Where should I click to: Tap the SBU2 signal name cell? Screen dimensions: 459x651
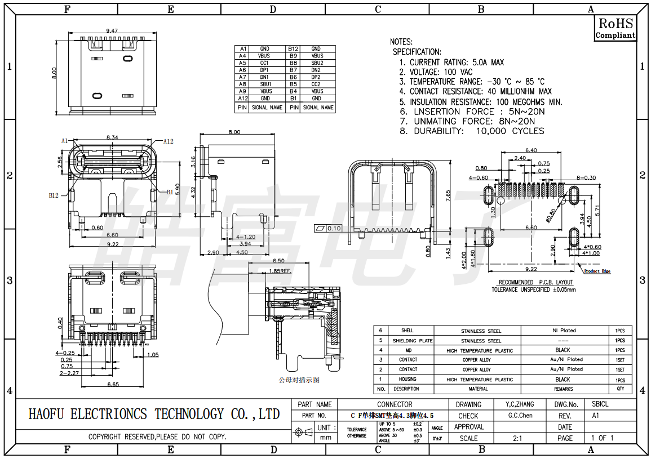click(317, 63)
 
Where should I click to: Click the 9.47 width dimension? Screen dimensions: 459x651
click(112, 30)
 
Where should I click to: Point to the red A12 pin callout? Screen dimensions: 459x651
click(168, 141)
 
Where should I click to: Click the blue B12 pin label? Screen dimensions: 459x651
click(54, 195)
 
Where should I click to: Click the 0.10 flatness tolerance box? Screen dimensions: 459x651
click(327, 228)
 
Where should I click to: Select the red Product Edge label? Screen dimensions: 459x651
click(597, 271)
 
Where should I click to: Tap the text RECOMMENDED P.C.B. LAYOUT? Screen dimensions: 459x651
click(535, 282)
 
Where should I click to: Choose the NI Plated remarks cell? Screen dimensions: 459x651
click(563, 331)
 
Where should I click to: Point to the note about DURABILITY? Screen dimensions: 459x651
click(472, 131)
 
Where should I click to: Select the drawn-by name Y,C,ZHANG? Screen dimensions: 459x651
click(516, 404)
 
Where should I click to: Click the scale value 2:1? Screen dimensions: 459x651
click(517, 438)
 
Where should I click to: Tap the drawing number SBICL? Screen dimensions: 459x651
click(600, 404)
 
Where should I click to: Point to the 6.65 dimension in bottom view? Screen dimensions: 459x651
click(112, 384)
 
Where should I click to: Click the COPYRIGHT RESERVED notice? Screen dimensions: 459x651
click(157, 436)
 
